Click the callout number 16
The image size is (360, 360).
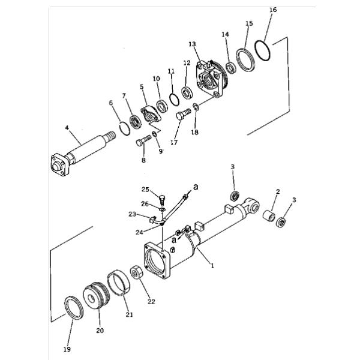pos(273,10)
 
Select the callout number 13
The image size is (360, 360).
pos(192,44)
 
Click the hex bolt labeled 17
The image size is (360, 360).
pos(183,113)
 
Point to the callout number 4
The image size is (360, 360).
pos(67,127)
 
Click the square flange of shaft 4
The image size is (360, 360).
pos(59,165)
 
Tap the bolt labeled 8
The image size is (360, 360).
pos(143,140)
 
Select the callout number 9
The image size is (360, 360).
pos(160,151)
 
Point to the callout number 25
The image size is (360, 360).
pos(145,190)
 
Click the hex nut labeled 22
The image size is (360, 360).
pos(137,272)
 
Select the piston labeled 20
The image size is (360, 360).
pos(97,296)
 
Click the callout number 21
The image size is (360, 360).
pos(129,314)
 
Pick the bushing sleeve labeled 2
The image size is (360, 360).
pos(269,216)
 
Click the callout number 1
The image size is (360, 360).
pos(212,266)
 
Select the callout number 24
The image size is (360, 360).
pos(139,233)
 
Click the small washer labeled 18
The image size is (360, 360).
pos(196,107)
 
